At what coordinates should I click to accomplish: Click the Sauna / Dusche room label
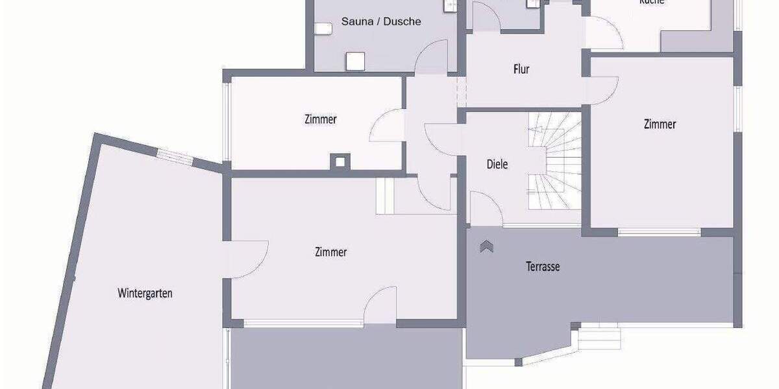pos(381,21)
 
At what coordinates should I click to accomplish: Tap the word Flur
pos(521,69)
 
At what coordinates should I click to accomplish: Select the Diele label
pos(497,164)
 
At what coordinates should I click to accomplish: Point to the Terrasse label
pos(543,266)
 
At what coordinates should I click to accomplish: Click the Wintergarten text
pos(145,293)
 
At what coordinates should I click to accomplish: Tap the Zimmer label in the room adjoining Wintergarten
pos(330,252)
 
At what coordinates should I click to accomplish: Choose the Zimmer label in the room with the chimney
pos(321,119)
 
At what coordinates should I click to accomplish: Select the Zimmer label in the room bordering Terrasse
pos(660,124)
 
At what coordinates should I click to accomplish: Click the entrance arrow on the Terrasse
pos(486,247)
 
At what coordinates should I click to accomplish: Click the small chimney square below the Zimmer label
pos(339,161)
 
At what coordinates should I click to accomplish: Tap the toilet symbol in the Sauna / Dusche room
pos(322,29)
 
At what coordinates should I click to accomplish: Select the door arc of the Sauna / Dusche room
pos(430,57)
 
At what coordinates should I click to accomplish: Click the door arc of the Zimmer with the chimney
pos(388,124)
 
